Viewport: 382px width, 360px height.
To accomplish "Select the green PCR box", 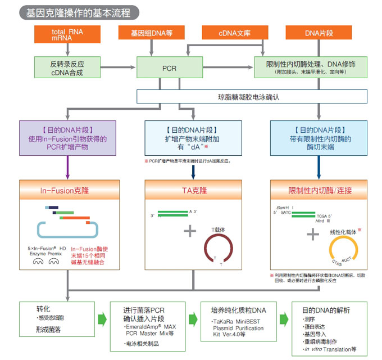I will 169,67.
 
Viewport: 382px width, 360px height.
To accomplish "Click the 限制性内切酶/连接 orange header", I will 320,191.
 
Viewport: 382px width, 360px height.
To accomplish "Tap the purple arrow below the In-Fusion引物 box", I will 68,167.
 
